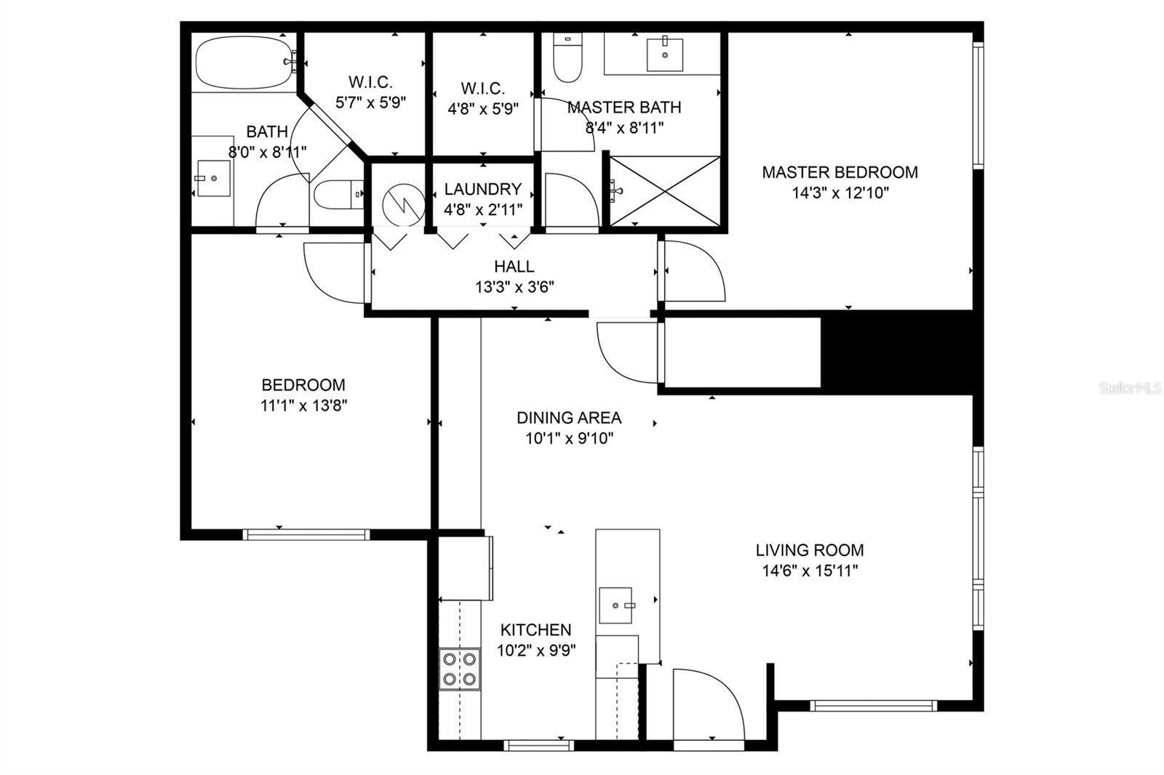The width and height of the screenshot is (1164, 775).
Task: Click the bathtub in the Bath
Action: coord(244,62)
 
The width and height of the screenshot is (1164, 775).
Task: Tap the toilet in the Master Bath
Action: coord(567,60)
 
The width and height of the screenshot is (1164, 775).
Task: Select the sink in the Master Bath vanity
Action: coord(665,55)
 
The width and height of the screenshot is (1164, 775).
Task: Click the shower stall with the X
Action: coord(665,190)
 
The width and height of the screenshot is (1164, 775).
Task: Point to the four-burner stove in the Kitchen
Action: coord(459,669)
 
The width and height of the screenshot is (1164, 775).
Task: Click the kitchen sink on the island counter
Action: coord(615,605)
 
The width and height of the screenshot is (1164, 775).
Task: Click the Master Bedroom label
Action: coord(840,173)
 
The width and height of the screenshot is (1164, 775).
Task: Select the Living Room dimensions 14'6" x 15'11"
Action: coord(810,571)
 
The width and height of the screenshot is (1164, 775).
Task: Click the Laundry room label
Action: coord(483,189)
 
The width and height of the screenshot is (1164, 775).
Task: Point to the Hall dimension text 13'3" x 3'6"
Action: coord(514,286)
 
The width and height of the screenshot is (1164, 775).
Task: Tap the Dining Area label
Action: coord(569,418)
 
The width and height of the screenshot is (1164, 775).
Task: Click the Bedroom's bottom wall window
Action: coord(306,534)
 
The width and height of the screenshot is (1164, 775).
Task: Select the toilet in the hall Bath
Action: coord(338,194)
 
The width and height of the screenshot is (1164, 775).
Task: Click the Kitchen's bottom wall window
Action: coord(538,744)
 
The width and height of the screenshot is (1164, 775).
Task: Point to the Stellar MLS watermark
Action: coord(1130,388)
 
